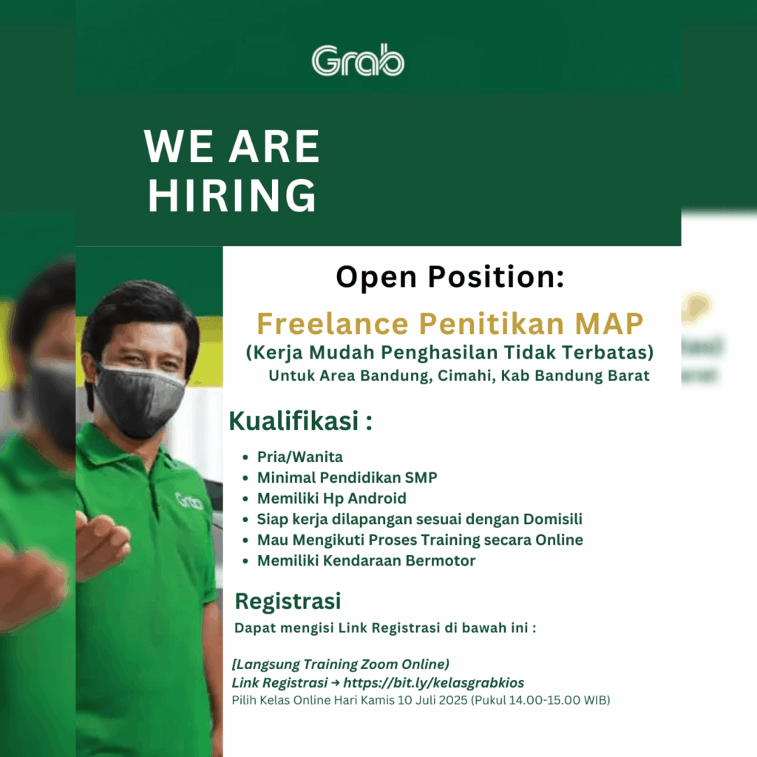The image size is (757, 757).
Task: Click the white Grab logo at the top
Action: [358, 60]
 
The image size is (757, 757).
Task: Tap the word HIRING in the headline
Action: [231, 195]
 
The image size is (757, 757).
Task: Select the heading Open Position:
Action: [450, 276]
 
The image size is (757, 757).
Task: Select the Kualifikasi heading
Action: [300, 421]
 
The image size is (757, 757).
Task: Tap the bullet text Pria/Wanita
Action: [300, 457]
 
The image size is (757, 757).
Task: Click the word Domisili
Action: [553, 519]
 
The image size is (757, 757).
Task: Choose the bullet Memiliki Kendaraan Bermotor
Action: [367, 560]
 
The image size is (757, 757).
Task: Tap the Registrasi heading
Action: [288, 602]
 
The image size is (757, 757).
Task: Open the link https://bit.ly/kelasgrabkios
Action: [433, 682]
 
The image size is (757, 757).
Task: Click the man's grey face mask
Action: [138, 400]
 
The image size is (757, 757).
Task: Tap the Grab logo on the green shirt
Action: [189, 501]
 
